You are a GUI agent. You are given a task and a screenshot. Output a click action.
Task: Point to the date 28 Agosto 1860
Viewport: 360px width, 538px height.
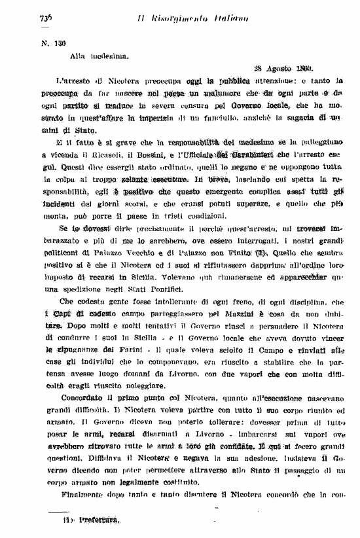pyautogui.click(x=283, y=67)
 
